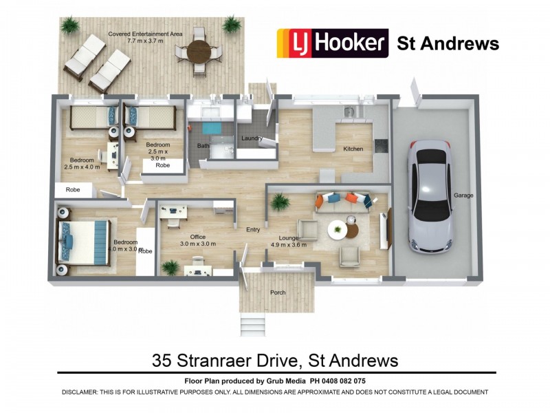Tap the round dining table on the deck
(199, 50)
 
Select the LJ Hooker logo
(333, 43)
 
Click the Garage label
(463, 195)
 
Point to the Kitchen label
(344, 149)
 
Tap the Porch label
(277, 293)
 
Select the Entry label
(253, 230)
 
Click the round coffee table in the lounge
(337, 230)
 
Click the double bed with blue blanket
(82, 239)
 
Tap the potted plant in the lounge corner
(280, 202)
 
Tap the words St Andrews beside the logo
(448, 44)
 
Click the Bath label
(203, 146)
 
